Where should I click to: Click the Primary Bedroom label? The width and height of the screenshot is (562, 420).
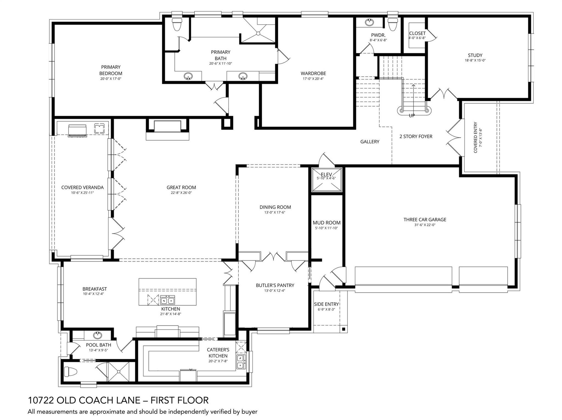coord(111,70)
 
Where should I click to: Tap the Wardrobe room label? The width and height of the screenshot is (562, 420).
coord(313,73)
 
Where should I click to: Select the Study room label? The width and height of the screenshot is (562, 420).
coord(475,55)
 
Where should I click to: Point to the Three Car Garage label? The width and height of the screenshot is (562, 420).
coord(425,220)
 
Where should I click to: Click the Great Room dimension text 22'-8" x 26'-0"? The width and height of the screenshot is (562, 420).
coord(181,193)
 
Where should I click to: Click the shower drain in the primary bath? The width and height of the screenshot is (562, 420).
coord(258,33)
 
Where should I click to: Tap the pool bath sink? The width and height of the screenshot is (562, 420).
coord(97,335)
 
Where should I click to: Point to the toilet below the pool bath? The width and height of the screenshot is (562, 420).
coord(70,372)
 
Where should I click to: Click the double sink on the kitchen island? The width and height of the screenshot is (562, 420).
coord(167,300)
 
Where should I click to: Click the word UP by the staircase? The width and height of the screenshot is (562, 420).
coord(412,116)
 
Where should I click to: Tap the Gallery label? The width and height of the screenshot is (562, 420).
coord(370,142)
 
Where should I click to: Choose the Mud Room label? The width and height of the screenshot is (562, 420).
coord(327,223)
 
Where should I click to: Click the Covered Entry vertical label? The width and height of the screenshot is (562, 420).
coord(476,137)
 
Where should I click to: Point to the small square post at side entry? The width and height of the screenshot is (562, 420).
coord(343,329)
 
